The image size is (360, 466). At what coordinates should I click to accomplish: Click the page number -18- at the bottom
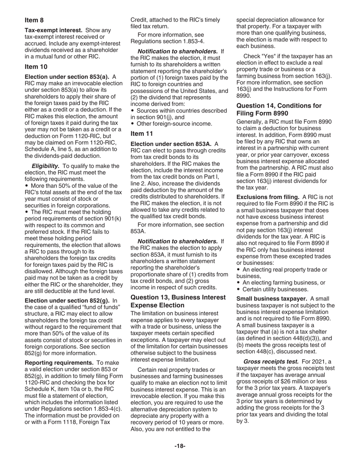click(180, 446)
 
